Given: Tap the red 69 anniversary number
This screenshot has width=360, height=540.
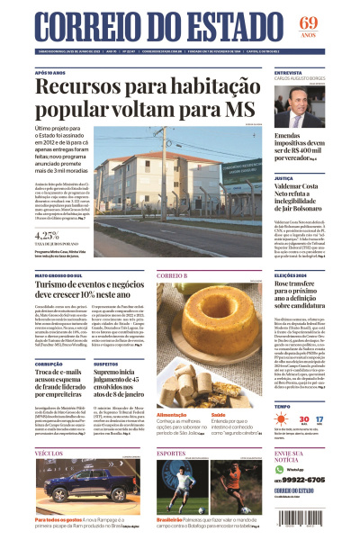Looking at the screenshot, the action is (334, 22).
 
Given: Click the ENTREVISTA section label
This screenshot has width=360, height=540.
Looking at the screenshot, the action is (288, 72).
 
